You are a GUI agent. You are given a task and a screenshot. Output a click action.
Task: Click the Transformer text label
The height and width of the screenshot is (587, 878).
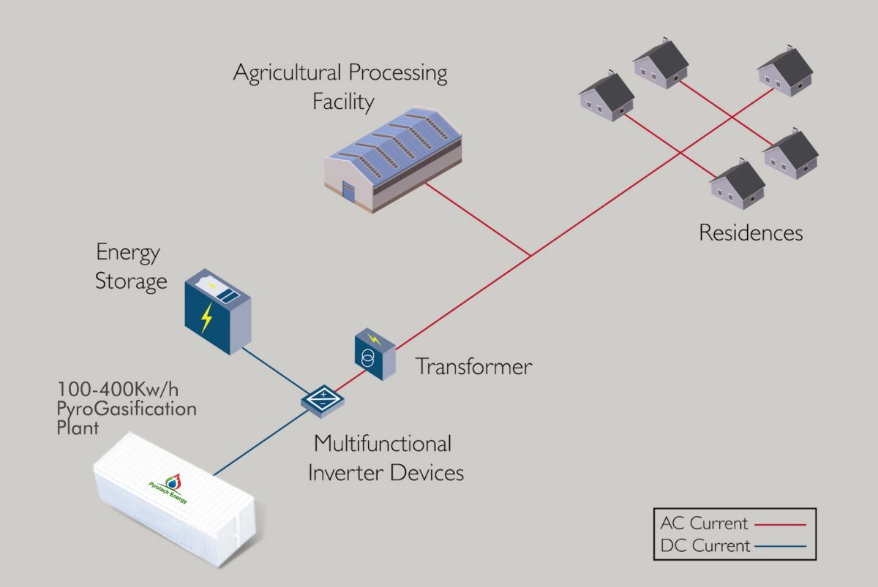(473, 366)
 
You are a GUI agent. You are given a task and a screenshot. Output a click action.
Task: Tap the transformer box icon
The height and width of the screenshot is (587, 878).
(375, 355)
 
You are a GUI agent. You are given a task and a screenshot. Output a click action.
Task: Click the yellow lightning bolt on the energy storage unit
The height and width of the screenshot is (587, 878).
(207, 318)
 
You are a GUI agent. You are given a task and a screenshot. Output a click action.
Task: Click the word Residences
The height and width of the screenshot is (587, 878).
(751, 233)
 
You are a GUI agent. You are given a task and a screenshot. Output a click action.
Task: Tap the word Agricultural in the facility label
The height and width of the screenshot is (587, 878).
(287, 73)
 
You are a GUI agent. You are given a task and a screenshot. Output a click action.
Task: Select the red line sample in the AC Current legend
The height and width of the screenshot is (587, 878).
(780, 524)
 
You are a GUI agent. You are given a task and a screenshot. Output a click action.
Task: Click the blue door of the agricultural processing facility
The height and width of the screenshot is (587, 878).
(348, 193)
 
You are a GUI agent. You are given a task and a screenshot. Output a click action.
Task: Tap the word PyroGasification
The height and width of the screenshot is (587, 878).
(127, 409)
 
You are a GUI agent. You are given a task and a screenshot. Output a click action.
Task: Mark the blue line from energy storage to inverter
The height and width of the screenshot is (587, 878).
(275, 368)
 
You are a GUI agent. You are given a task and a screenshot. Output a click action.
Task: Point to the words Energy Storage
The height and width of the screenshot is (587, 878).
(131, 267)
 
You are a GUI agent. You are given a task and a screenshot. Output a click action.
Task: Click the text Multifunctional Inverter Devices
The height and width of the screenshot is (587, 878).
(385, 458)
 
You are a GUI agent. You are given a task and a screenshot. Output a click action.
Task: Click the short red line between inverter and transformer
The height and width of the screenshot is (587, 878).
(349, 382)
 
